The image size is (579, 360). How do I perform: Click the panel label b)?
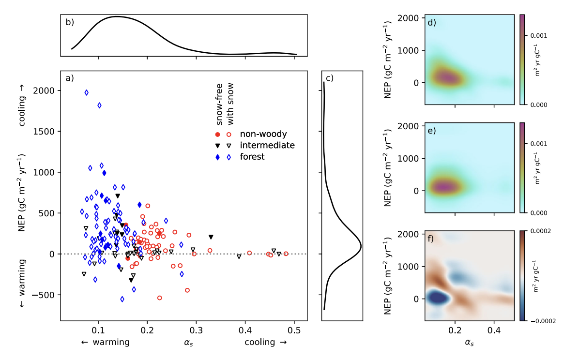tap(70, 22)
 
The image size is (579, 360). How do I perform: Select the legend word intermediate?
tap(267, 145)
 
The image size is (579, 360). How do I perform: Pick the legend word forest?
tap(252, 156)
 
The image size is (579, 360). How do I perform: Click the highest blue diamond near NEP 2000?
tap(86, 92)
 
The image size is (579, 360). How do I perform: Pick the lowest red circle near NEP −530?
tap(159, 298)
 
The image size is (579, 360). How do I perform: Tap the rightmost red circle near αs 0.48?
tap(286, 254)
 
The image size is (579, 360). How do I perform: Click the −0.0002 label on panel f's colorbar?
tap(542, 320)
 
